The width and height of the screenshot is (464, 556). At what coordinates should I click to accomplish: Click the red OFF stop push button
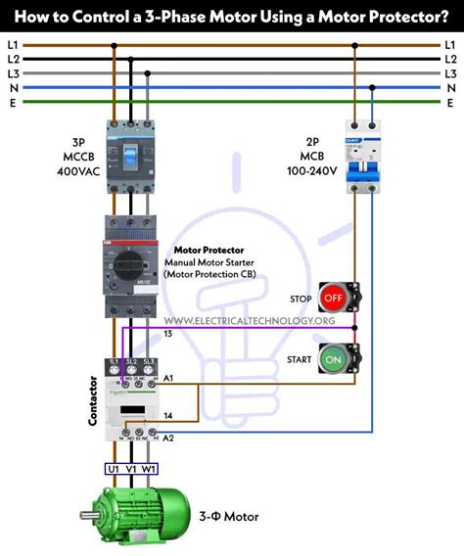point(333,296)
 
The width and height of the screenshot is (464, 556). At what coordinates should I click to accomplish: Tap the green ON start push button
point(333,359)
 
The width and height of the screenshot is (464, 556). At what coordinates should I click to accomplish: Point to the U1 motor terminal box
point(115,469)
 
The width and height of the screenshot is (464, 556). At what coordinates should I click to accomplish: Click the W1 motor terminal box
point(149,469)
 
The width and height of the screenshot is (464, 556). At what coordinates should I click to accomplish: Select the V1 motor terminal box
point(131,469)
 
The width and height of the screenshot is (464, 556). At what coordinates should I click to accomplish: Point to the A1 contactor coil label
point(167,378)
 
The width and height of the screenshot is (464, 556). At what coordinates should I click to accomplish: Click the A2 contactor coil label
point(167,438)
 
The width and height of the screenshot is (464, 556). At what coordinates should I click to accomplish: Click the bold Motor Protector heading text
point(209,250)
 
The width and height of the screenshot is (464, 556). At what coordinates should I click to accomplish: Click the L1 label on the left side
point(12,45)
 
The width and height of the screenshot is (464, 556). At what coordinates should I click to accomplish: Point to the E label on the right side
point(450,101)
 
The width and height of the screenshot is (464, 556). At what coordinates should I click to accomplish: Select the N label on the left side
point(12,87)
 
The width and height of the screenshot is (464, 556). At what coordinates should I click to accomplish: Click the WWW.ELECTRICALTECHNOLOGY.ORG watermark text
point(250,321)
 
